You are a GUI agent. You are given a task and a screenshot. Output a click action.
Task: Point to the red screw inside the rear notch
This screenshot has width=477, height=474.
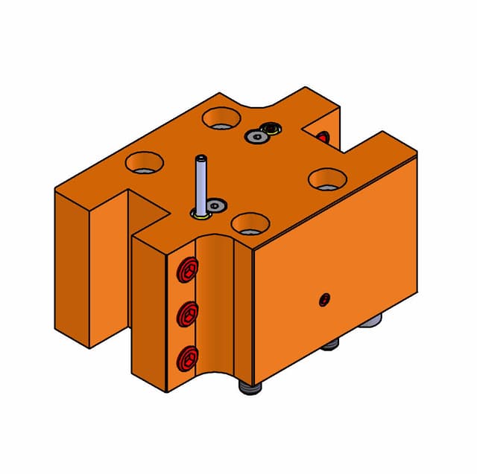pos(322,138)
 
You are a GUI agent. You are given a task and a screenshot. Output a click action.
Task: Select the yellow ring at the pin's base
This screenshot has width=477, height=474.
pos(199,214)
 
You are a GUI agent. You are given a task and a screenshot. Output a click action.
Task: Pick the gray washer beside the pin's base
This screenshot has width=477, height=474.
pos(215,205)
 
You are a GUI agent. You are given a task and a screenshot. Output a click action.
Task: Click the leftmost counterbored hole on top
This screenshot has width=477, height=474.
pos(143,161)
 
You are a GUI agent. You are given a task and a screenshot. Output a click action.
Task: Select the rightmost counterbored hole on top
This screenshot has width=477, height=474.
pos(326,179)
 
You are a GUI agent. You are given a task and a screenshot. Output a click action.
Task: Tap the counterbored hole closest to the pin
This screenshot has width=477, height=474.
pos(250,222)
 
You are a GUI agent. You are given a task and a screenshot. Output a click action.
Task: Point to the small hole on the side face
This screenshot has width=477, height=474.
pos(324,300)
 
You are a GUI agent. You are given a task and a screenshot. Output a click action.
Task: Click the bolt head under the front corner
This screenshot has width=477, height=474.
pos(250,389)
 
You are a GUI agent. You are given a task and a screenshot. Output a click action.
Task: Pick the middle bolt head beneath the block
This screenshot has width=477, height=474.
pos(332,345)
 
